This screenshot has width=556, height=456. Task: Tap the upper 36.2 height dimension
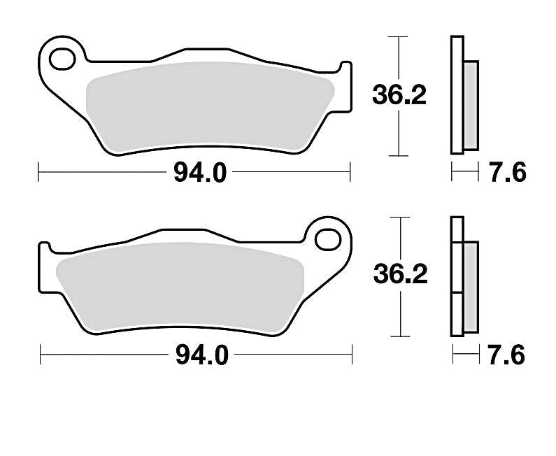399,96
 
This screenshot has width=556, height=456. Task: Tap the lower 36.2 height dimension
400,275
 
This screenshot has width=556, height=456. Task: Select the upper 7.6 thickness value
507,172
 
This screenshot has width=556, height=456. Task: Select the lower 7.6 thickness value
507,356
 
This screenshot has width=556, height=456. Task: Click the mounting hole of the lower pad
327,239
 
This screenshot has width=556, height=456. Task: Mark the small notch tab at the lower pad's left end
44,250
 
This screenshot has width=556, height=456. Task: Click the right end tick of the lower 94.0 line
352,356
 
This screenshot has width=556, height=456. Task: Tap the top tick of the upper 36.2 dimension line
399,36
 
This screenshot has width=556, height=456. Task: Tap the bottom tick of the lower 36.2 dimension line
401,336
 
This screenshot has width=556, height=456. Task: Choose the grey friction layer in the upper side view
472,105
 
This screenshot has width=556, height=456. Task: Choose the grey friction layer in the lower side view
471,287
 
